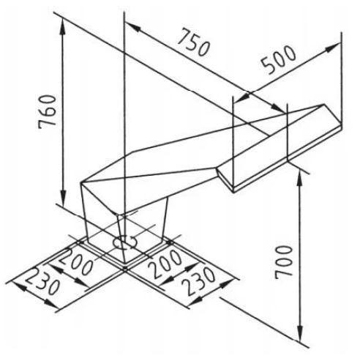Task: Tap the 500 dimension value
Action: [x=279, y=59]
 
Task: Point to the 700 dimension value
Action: [x=283, y=262]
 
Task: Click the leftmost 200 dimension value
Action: [x=75, y=261]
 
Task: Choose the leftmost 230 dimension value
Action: [x=42, y=281]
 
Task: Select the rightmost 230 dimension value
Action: [x=199, y=280]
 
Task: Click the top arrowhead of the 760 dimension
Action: [x=63, y=26]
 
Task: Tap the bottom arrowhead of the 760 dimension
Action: [x=63, y=197]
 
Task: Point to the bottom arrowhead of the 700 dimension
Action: [x=301, y=332]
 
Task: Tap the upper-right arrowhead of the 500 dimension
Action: [x=332, y=47]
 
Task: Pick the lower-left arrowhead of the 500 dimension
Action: [x=242, y=97]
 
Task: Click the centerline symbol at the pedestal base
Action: [x=126, y=242]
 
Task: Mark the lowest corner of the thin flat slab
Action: [x=233, y=193]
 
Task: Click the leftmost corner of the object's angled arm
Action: [x=80, y=182]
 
